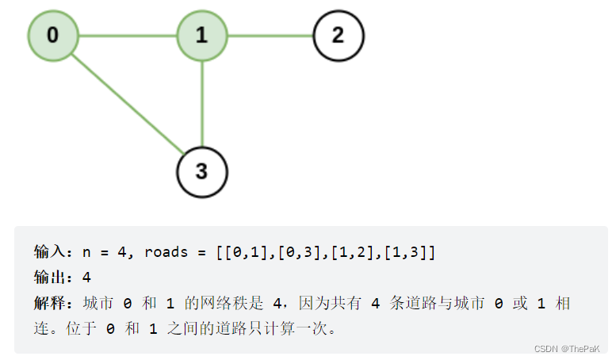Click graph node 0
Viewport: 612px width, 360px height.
[x=53, y=36]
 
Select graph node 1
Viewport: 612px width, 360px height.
[x=201, y=36]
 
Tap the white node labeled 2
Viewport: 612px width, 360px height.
[x=339, y=36]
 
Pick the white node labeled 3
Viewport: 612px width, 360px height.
[x=201, y=171]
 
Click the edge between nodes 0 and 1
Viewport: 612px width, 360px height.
[x=127, y=36]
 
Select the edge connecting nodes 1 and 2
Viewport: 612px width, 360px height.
[x=270, y=36]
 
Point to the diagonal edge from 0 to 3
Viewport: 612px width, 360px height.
[x=127, y=103]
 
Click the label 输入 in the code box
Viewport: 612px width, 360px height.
[x=49, y=253]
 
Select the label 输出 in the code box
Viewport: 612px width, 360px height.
[x=49, y=278]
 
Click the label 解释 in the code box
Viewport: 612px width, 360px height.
[x=49, y=303]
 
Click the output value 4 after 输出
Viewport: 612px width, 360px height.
[x=86, y=278]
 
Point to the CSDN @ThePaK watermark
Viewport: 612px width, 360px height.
[x=566, y=349]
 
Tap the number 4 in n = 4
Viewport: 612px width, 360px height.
[x=122, y=253]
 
